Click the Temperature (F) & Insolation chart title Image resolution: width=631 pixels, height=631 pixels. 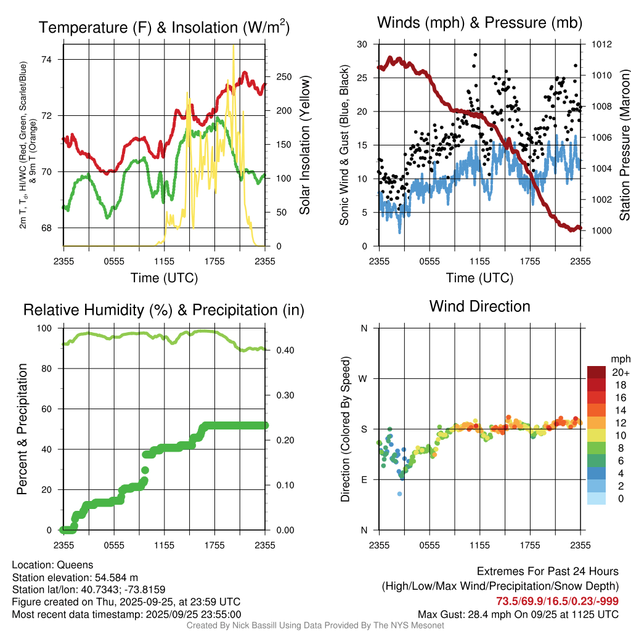click(164, 28)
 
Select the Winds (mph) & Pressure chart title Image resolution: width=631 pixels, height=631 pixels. click(479, 23)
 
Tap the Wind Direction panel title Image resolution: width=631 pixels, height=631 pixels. click(479, 306)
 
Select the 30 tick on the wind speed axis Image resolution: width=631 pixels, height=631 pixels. click(362, 44)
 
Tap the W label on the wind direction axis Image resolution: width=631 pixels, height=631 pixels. click(364, 378)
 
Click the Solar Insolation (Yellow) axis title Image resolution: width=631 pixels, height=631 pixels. click(304, 145)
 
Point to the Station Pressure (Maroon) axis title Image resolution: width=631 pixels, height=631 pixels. click(624, 145)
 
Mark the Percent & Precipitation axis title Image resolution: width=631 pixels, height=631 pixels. click(22, 429)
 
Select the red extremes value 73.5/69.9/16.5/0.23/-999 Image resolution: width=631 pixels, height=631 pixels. click(557, 601)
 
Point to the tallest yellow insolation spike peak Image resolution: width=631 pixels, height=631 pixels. click(233, 46)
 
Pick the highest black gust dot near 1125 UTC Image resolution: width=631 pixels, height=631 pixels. click(475, 54)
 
